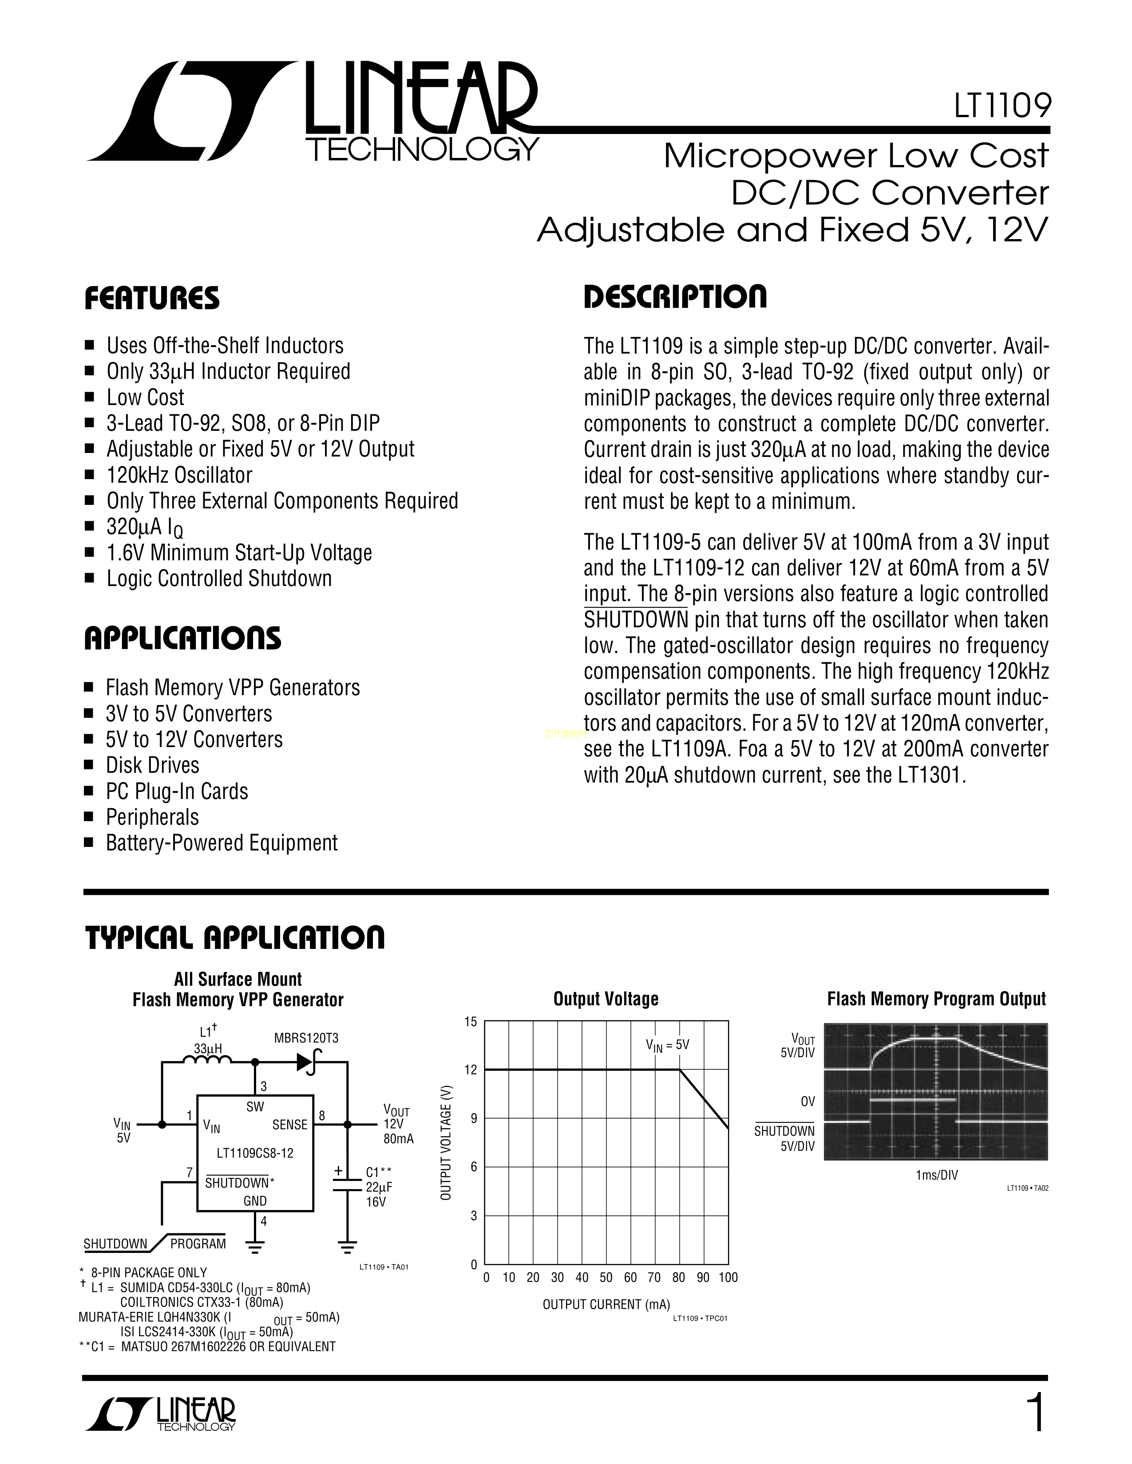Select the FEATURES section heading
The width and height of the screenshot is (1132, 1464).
(x=152, y=298)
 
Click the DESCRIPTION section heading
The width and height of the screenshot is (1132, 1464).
(x=675, y=297)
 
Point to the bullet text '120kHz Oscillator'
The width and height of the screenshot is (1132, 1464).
(x=179, y=475)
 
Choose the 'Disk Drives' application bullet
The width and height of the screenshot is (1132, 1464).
(x=153, y=766)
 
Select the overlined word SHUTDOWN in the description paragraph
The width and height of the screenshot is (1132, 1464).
(x=636, y=619)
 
